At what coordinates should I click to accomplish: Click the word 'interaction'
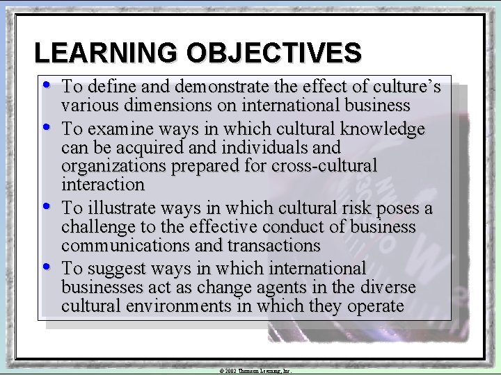click(x=103, y=184)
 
